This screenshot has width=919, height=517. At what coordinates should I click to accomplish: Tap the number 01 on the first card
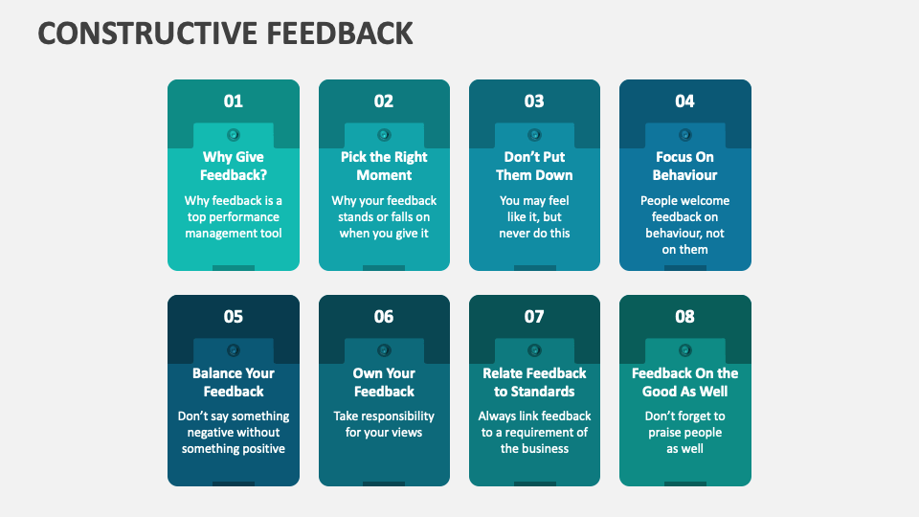(234, 101)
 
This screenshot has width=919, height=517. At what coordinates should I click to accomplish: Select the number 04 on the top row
(684, 101)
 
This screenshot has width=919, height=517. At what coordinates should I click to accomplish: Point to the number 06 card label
(384, 317)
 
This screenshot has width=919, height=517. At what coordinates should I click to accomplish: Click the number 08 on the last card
(684, 317)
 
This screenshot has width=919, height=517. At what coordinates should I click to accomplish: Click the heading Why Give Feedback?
(234, 166)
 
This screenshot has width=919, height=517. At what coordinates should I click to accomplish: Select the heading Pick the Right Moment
(384, 166)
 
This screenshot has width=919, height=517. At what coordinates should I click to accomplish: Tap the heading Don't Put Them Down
(534, 166)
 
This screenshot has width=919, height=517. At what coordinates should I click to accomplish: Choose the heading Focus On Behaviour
(684, 166)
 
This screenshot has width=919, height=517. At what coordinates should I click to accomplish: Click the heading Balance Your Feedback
(234, 382)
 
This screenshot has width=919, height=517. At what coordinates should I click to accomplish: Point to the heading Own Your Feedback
(384, 382)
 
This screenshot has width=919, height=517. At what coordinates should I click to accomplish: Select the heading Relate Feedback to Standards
(534, 382)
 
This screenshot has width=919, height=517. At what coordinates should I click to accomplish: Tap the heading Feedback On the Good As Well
(684, 382)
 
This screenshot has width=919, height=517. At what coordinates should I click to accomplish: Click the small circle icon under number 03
(534, 134)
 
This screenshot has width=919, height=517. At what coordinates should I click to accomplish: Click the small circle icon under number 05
(234, 349)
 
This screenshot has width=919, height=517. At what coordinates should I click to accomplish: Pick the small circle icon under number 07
(534, 349)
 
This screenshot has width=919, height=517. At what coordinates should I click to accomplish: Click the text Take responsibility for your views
(384, 424)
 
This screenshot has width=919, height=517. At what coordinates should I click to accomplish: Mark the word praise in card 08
(666, 433)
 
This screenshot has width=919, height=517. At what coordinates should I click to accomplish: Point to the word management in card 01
(221, 234)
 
